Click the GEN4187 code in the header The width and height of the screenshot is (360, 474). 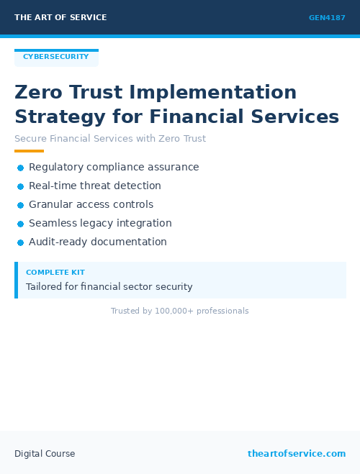click(327, 18)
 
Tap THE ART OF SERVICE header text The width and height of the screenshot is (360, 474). click(60, 17)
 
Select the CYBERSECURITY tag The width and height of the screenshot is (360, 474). click(56, 57)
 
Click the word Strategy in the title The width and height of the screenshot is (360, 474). click(58, 117)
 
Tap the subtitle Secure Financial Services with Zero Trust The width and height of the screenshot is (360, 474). click(110, 139)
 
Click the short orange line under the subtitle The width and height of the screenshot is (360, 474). click(29, 151)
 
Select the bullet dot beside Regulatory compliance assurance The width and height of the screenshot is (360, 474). click(20, 168)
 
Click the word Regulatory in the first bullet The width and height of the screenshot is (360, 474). click(57, 168)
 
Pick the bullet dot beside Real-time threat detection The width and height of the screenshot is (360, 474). click(20, 186)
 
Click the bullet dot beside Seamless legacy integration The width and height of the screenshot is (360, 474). click(20, 224)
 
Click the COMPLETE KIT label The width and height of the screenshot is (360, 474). click(55, 273)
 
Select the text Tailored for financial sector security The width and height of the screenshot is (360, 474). click(109, 287)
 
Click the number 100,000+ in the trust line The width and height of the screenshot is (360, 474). click(174, 311)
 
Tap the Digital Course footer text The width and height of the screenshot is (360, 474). click(45, 454)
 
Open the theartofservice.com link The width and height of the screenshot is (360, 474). click(297, 454)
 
